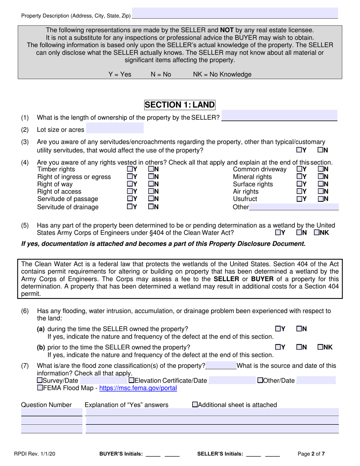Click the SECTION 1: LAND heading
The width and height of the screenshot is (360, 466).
point(180,105)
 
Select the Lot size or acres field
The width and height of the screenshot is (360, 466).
point(115,128)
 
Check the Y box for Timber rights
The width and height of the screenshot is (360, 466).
point(130,169)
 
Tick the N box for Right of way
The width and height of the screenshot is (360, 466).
point(151,185)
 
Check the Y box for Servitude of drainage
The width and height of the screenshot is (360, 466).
point(130,207)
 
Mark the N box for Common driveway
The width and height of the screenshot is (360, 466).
point(321,169)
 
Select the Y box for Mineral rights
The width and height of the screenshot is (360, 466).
point(299,177)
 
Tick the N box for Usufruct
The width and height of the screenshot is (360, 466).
point(321,199)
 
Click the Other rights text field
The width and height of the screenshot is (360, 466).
point(294,207)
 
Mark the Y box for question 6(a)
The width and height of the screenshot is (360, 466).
point(278,329)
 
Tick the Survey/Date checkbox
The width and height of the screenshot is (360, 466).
point(39,381)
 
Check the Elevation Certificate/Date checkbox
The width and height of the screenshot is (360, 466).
point(131,381)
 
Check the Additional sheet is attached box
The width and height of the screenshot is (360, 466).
point(195,405)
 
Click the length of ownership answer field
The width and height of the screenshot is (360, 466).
point(279,116)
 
